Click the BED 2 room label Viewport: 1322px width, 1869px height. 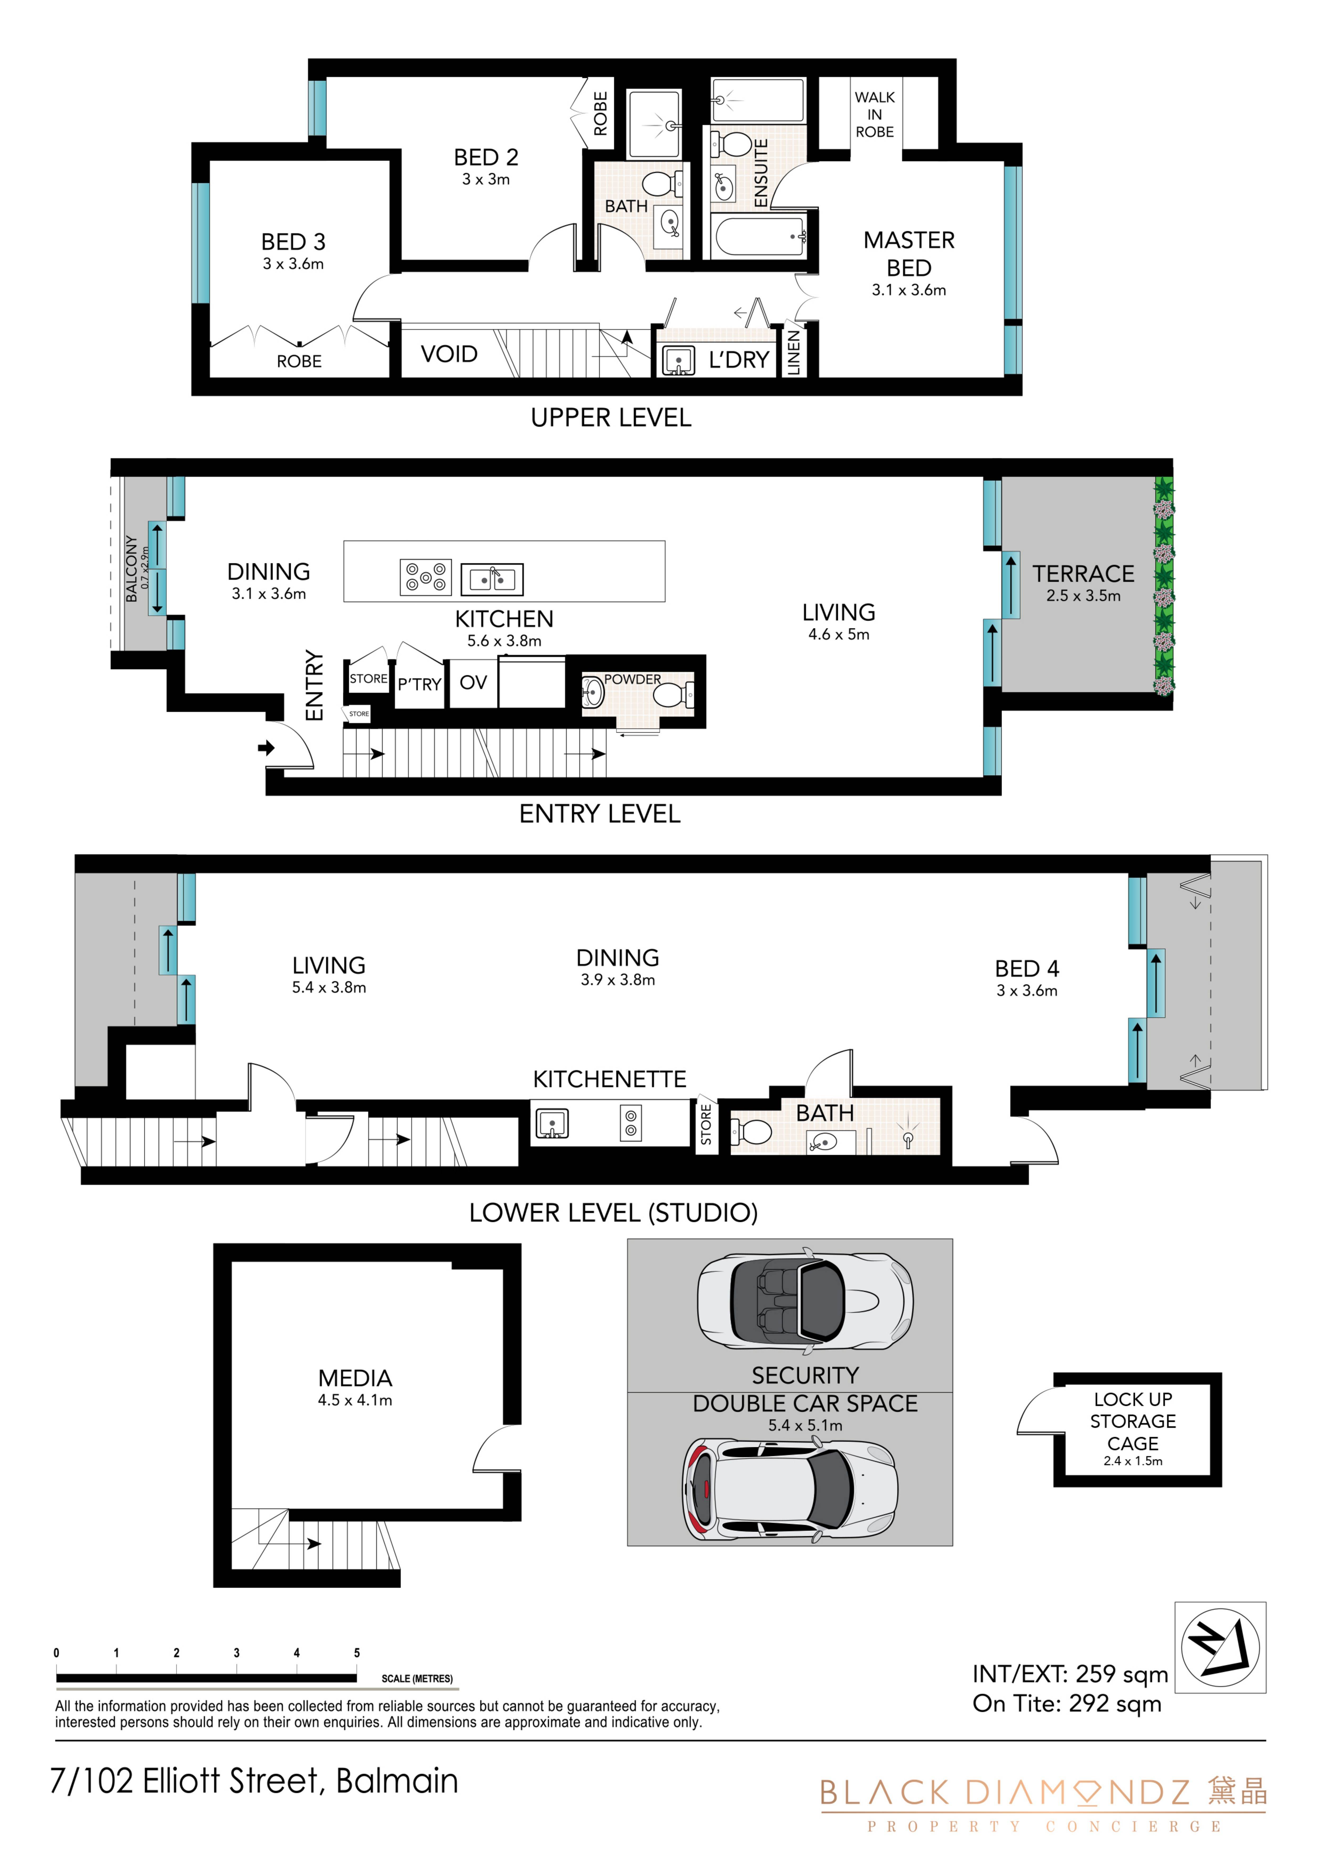[486, 157]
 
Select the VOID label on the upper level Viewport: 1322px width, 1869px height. [449, 354]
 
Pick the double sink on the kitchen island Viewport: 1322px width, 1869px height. [492, 579]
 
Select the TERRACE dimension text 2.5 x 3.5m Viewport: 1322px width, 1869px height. [1084, 596]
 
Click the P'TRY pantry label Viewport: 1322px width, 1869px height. [419, 685]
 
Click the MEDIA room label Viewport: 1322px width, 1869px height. [355, 1378]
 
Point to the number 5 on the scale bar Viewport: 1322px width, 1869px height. [357, 1653]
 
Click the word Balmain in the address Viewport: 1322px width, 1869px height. [397, 1781]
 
